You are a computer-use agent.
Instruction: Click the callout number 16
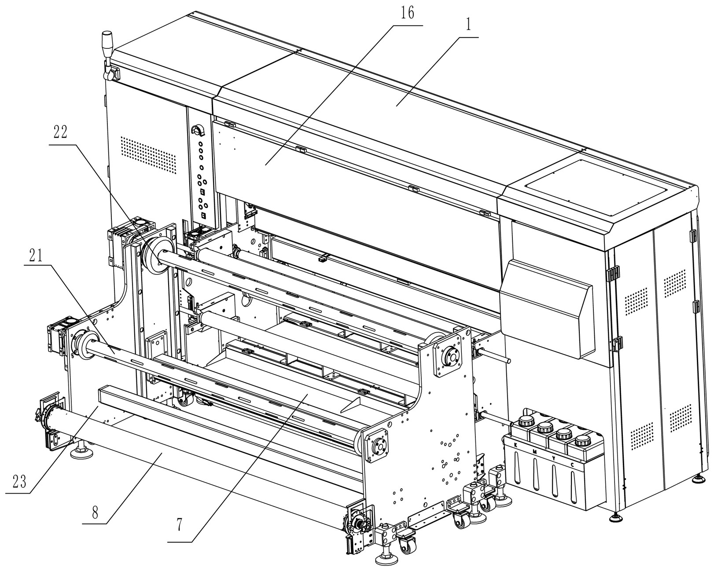click(x=408, y=14)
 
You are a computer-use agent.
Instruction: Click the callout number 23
click(x=18, y=482)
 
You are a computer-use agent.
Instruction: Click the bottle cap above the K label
click(x=526, y=421)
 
